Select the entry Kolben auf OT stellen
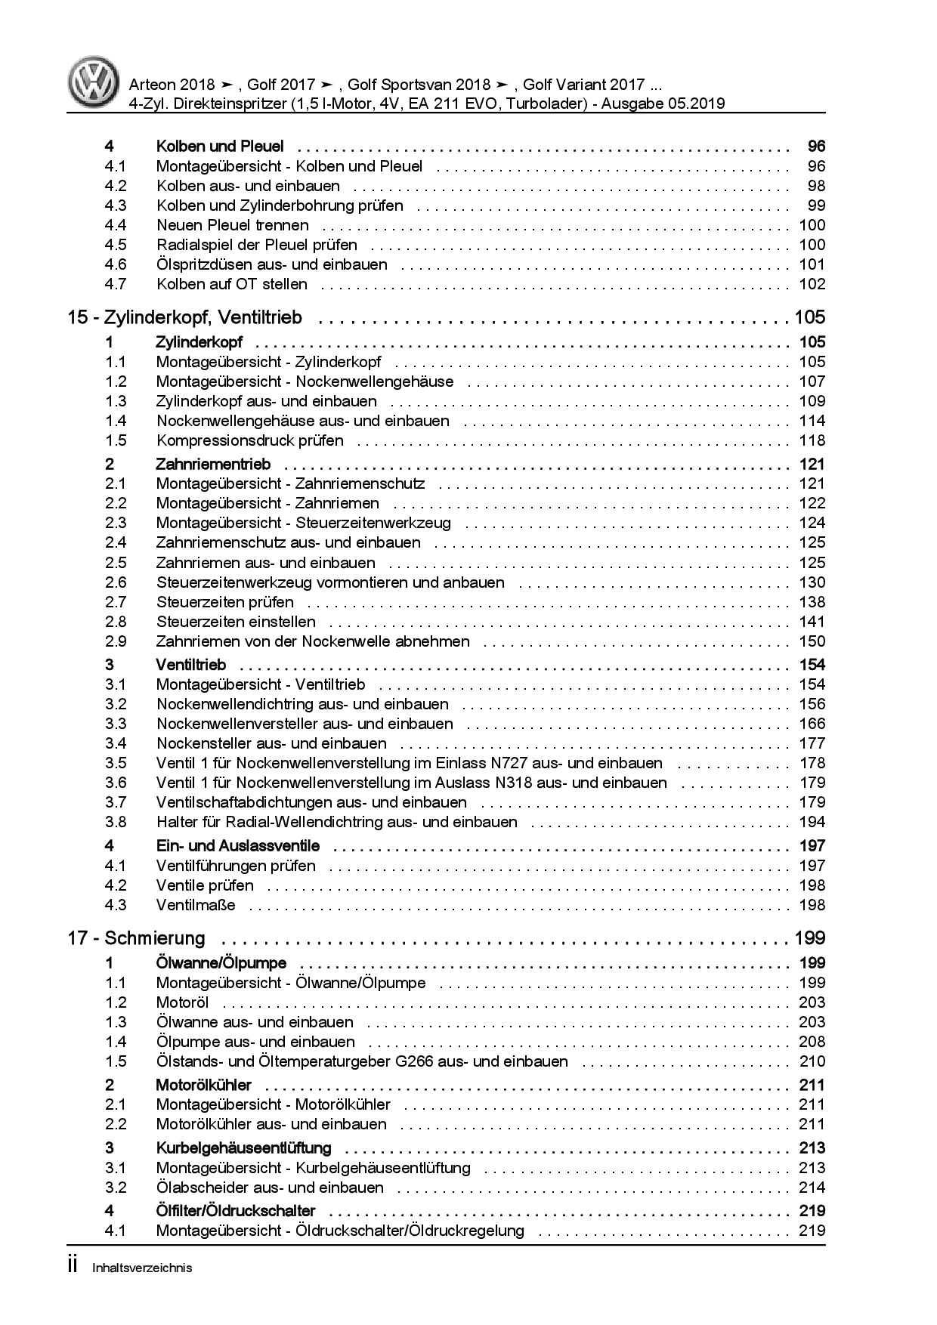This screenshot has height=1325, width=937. pos(231,284)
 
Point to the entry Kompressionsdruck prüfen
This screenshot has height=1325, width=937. pos(249,440)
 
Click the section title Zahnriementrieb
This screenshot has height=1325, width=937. pos(212,464)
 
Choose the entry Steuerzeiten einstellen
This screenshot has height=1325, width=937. pos(236,622)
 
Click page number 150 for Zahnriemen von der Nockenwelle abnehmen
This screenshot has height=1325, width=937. pos(812,641)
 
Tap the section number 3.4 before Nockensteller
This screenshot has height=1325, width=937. pos(116,743)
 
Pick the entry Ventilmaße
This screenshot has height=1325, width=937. pos(196,905)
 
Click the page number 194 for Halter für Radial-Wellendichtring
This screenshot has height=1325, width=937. pos(812,822)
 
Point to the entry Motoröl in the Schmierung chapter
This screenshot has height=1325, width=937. pos(182,1002)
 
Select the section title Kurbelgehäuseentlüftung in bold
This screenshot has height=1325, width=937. pos(243,1148)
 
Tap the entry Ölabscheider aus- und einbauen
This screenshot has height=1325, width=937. pos(270,1188)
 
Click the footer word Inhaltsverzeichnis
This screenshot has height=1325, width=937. pos(142,1268)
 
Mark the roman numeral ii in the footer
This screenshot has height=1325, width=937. pos(73,1266)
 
